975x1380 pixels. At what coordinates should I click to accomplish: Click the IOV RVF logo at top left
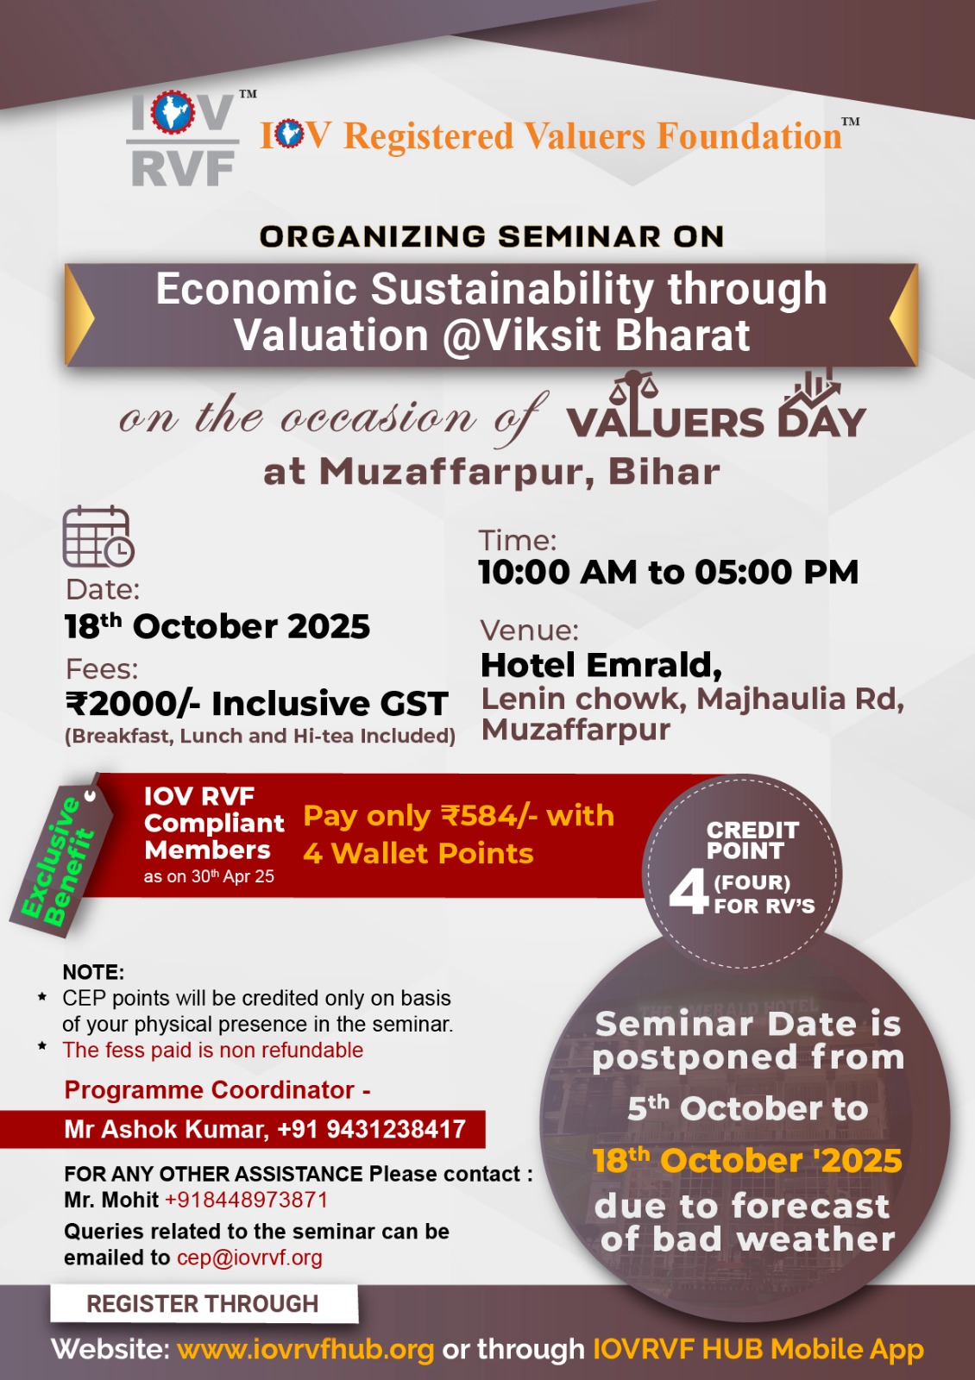click(183, 139)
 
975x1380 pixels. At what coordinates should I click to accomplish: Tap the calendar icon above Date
click(98, 536)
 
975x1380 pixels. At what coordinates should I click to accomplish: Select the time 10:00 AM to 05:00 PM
click(668, 572)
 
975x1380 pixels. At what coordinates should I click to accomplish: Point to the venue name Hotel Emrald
click(601, 665)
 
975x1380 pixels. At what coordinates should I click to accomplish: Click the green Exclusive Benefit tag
click(59, 857)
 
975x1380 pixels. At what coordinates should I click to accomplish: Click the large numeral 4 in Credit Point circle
click(689, 894)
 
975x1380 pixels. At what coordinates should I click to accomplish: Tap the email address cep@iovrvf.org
click(249, 1258)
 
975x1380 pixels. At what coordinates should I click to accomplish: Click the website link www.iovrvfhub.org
click(305, 1349)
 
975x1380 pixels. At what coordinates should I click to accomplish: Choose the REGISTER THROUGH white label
click(204, 1304)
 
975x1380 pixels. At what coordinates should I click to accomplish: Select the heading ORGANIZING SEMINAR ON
click(492, 236)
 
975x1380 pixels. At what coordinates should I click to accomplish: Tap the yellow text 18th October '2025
click(747, 1161)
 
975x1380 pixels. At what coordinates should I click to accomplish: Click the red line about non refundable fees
click(212, 1050)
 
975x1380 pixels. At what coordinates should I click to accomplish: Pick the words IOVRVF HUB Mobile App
click(758, 1349)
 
